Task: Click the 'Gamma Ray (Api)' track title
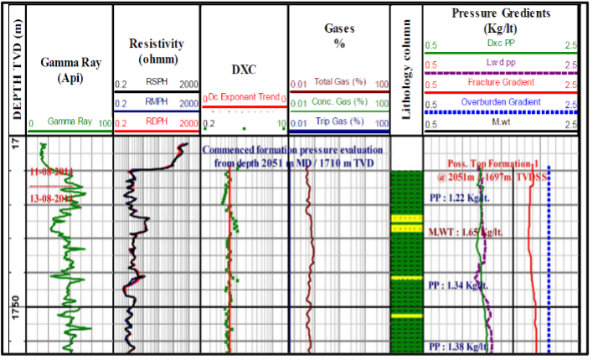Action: click(69, 70)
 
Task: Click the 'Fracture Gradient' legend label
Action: click(503, 84)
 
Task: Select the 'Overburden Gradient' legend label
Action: click(501, 103)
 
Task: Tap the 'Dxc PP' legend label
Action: click(501, 44)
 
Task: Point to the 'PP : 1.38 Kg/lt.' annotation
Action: click(457, 346)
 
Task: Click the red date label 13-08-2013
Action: click(49, 198)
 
